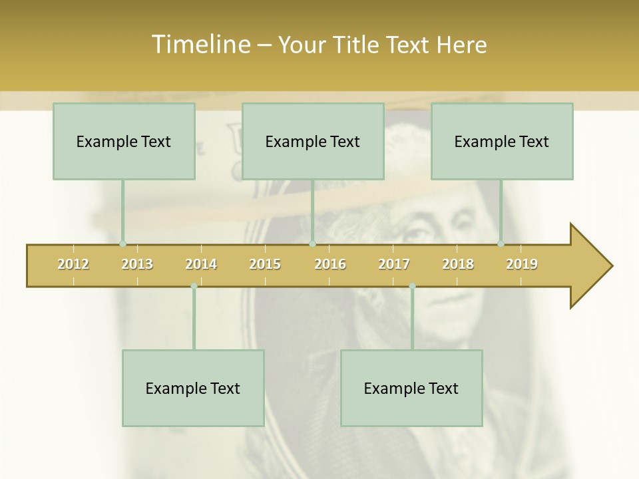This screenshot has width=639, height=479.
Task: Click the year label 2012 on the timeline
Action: pyautogui.click(x=73, y=264)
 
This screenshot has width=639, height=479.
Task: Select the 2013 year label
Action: pyautogui.click(x=137, y=264)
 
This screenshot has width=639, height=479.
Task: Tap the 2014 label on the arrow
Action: pyautogui.click(x=201, y=264)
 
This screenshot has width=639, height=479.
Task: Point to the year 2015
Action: pyautogui.click(x=265, y=264)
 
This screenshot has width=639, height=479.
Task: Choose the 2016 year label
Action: pyautogui.click(x=330, y=264)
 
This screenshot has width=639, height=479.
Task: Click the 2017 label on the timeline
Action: pyautogui.click(x=394, y=264)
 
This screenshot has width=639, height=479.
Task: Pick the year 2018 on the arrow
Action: pyautogui.click(x=458, y=264)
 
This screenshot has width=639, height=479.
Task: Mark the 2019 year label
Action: pyautogui.click(x=522, y=264)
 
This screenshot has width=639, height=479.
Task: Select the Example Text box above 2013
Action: pyautogui.click(x=124, y=141)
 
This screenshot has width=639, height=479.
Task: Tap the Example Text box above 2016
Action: pyautogui.click(x=313, y=141)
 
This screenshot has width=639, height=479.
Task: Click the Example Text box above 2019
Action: pyautogui.click(x=502, y=141)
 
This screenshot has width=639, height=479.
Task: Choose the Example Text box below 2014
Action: pyautogui.click(x=193, y=388)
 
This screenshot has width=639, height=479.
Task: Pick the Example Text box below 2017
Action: pyautogui.click(x=411, y=388)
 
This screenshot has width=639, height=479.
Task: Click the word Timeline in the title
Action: pyautogui.click(x=200, y=45)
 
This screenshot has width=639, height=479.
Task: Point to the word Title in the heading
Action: pyautogui.click(x=359, y=45)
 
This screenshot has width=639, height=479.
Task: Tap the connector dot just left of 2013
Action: pyautogui.click(x=122, y=244)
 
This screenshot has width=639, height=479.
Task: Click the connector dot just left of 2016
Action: pyautogui.click(x=312, y=244)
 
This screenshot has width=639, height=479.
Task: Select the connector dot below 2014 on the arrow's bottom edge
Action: pyautogui.click(x=194, y=286)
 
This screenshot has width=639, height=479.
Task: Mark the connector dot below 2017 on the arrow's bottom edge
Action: pyautogui.click(x=412, y=286)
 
